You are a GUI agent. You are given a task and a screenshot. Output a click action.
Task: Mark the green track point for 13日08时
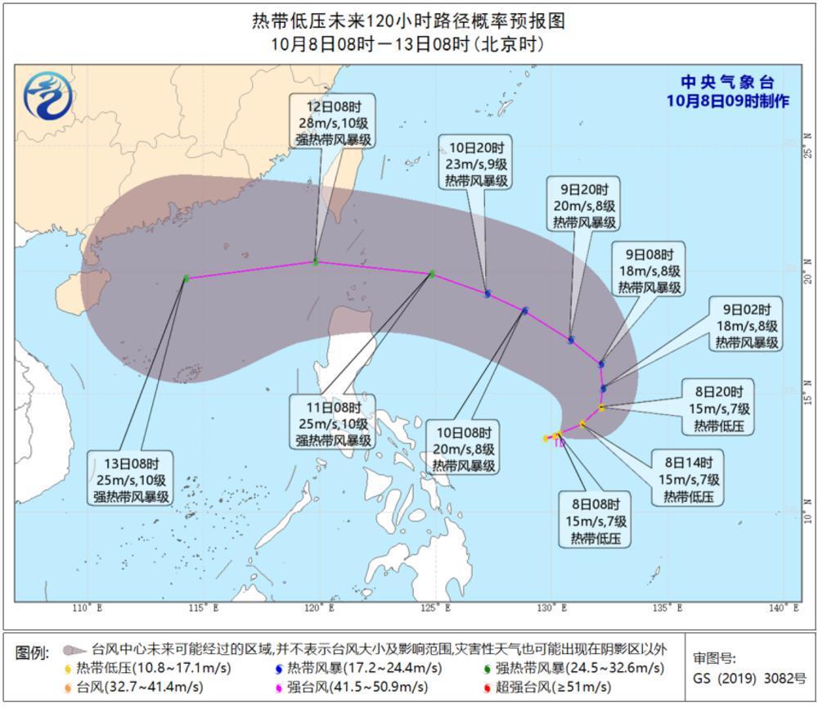[x=187, y=279]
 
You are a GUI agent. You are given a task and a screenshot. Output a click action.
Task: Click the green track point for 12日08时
[x=316, y=262]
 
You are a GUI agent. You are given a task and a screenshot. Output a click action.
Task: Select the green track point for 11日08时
[x=432, y=274]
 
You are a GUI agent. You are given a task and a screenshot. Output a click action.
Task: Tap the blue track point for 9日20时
[x=571, y=340]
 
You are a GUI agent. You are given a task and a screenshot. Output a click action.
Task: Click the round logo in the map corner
[x=47, y=94]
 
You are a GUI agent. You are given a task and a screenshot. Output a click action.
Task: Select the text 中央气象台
[x=727, y=82]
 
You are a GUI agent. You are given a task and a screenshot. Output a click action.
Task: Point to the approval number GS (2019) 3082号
[x=749, y=679]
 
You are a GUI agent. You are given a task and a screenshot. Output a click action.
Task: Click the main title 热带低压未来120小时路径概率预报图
[x=408, y=20]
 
